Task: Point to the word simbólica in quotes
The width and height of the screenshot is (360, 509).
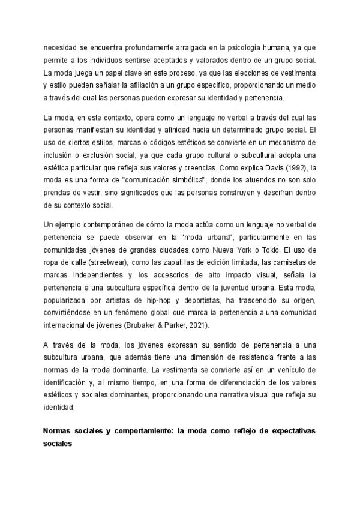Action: [x=185, y=180]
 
